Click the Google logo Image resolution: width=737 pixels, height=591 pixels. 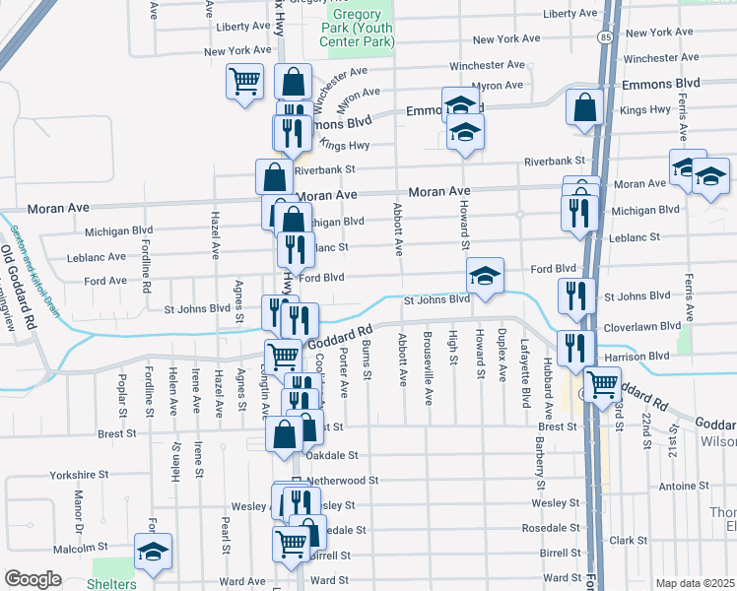33,579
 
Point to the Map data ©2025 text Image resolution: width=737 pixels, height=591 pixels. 695,583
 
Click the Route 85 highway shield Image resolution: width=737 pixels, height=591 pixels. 603,37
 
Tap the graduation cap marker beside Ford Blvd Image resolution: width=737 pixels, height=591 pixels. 484,277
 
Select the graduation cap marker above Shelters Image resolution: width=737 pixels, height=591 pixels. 153,553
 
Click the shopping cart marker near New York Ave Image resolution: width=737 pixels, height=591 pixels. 243,81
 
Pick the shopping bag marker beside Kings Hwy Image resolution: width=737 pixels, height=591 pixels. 584,107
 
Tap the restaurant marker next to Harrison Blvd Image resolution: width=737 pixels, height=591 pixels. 575,348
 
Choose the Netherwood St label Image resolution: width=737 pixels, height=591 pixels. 342,481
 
